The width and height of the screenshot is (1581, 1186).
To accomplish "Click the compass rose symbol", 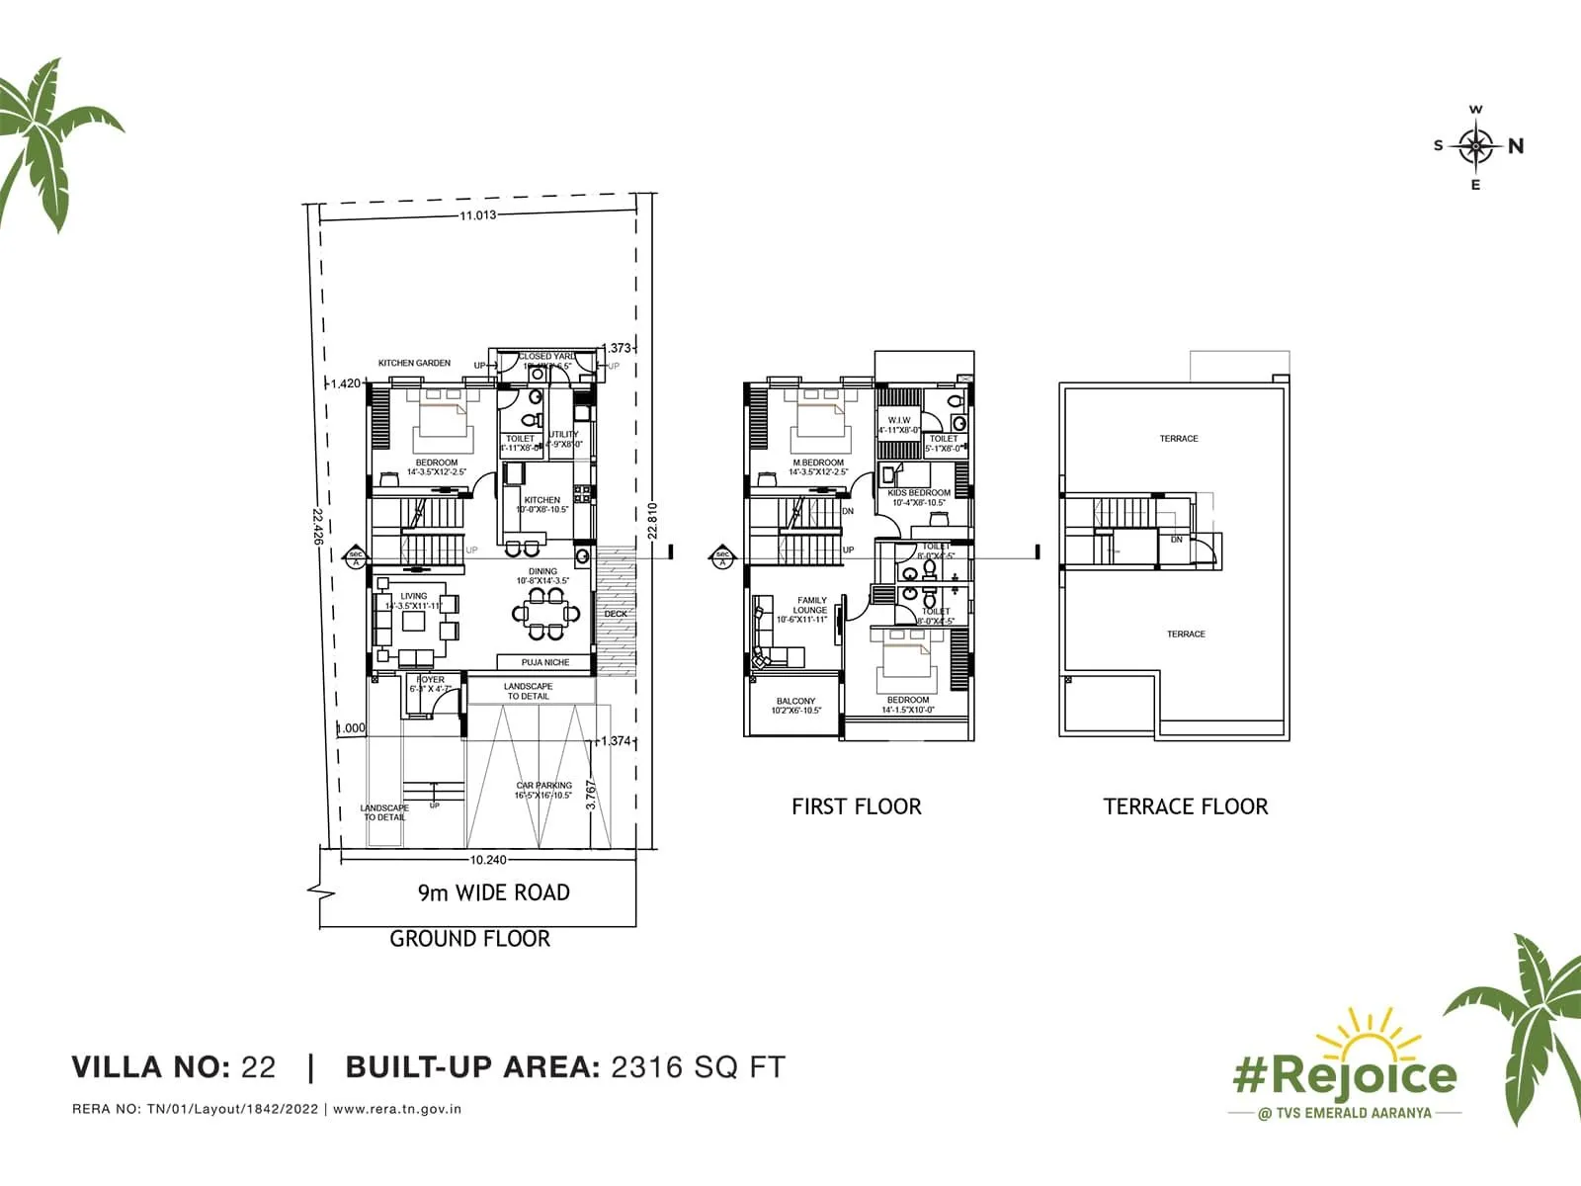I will pyautogui.click(x=1475, y=146).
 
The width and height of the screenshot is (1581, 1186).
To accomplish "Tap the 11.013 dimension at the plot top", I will pyautogui.click(x=477, y=215).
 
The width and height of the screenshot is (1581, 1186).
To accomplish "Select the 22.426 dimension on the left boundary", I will pyautogui.click(x=317, y=527).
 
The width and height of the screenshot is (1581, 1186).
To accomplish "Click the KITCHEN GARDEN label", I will pyautogui.click(x=414, y=363).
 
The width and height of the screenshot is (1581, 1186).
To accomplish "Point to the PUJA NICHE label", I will pyautogui.click(x=545, y=662).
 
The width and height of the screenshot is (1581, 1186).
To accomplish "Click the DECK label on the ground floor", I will pyautogui.click(x=615, y=614).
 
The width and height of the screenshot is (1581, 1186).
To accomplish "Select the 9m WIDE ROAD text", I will pyautogui.click(x=493, y=892).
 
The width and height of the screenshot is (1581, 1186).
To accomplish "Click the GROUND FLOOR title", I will pyautogui.click(x=469, y=939).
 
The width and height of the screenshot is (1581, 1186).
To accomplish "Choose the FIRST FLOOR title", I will pyautogui.click(x=856, y=806).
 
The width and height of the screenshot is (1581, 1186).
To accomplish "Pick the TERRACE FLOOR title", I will pyautogui.click(x=1185, y=806).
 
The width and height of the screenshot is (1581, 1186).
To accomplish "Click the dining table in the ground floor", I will pyautogui.click(x=545, y=614).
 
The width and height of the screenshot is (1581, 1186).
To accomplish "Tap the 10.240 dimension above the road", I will pyautogui.click(x=488, y=860).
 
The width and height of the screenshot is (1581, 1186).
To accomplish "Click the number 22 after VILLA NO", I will pyautogui.click(x=259, y=1067).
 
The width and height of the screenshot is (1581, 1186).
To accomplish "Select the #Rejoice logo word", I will pyautogui.click(x=1344, y=1075).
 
